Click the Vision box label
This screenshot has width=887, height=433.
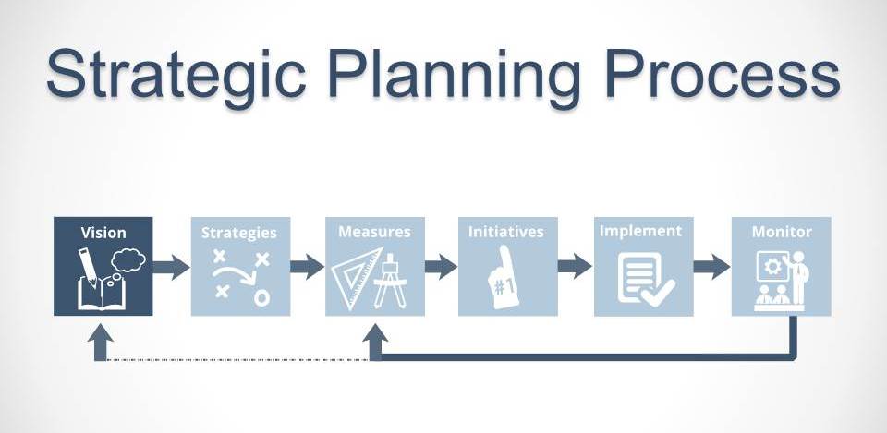coord(103,233)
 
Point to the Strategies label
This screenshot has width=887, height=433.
coord(239,233)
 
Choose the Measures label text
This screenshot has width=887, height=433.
coord(374,232)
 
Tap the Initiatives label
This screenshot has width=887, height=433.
coord(506,232)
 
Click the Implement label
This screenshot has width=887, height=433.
coord(641,232)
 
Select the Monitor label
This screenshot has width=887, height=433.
coord(782,232)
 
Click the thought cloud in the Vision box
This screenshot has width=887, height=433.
coord(128,260)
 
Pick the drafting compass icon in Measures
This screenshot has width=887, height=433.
coord(390,281)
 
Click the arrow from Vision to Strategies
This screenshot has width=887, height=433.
coord(171,267)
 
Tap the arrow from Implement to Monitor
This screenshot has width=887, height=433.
coord(711,267)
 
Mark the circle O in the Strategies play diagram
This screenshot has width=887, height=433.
coord(261,297)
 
